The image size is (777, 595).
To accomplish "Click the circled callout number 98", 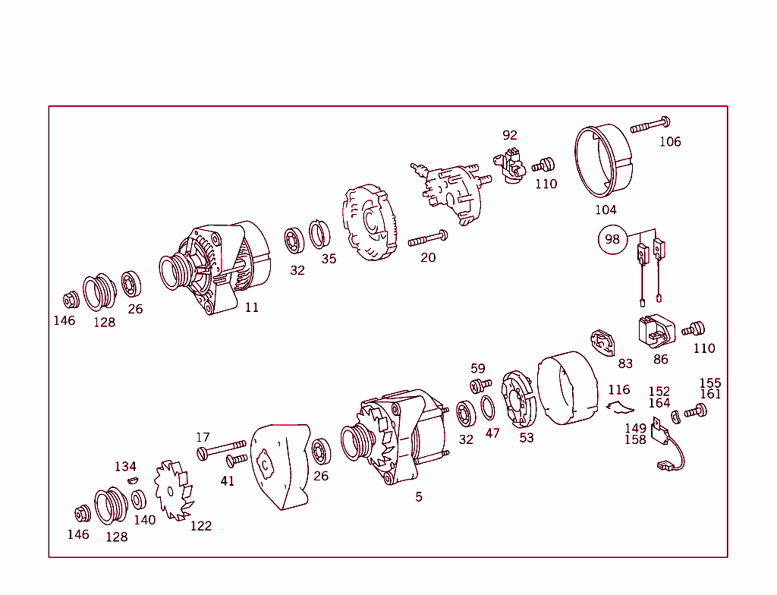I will point(612,240).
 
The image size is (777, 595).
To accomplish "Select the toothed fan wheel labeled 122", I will point(172,490).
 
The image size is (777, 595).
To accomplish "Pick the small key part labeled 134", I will point(132,480).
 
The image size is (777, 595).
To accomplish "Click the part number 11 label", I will point(251,307).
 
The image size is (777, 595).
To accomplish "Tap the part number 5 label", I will point(419,497).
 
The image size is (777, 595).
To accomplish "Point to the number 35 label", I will point(328,259).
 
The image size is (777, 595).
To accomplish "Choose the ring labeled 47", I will point(489,408).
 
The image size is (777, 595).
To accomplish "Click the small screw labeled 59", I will point(478,386).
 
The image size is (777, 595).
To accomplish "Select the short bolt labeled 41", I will point(237,460).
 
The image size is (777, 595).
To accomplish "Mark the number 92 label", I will point(510,135).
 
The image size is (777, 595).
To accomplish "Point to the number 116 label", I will point(619,390).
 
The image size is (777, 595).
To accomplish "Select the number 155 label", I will point(710,383).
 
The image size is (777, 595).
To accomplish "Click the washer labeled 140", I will point(139,499).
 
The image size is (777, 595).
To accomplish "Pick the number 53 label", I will point(527,438).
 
